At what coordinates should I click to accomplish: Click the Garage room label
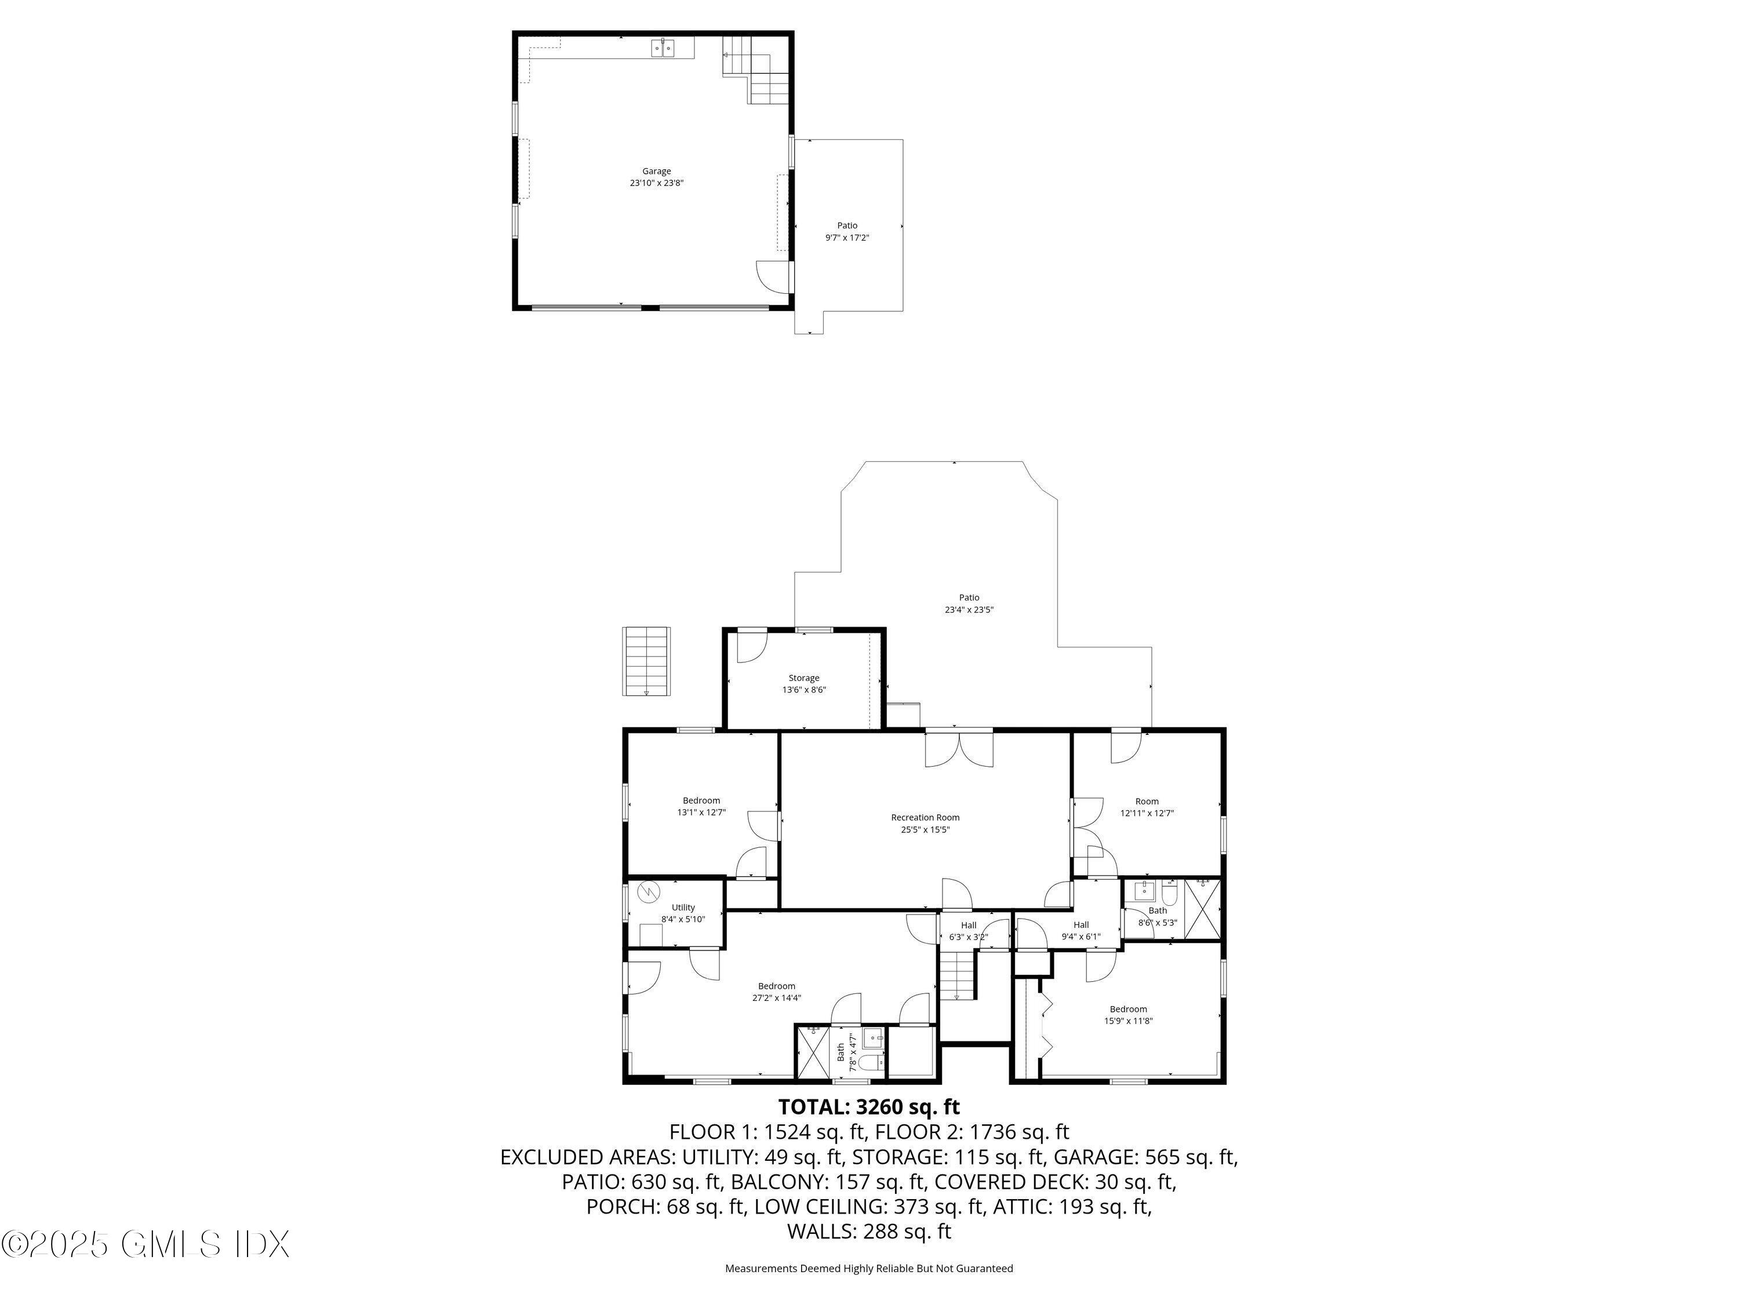coord(656,177)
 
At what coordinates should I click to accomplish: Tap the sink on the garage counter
coord(663,49)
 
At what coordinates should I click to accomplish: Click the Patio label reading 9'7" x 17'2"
coord(847,231)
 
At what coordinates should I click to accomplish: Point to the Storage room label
coord(803,683)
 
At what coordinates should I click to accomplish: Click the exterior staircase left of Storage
coord(646,660)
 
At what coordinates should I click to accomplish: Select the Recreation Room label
coord(925,823)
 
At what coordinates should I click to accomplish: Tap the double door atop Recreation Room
coord(958,748)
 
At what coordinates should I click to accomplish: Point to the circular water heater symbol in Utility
coord(649,891)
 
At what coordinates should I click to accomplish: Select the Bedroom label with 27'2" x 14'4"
coord(776,991)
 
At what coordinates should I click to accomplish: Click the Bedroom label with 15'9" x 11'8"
coord(1127,1015)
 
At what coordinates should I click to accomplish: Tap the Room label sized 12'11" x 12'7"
coord(1146,807)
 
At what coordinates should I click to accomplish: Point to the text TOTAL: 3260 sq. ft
coord(869,1107)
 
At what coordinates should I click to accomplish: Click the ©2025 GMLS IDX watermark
coord(145,1244)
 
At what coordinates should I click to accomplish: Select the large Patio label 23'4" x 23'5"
coord(969,603)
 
